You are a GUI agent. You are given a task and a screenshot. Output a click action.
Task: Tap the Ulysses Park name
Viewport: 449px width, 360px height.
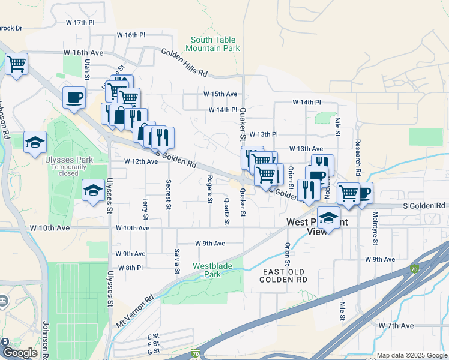68,160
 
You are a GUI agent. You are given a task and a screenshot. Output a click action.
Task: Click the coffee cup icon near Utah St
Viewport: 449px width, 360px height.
74,97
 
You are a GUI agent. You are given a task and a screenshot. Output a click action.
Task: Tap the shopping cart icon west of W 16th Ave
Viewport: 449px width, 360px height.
17,63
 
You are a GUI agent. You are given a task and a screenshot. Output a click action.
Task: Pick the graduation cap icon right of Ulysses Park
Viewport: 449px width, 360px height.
93,190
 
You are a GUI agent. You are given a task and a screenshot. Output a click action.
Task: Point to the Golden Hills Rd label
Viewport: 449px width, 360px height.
184,62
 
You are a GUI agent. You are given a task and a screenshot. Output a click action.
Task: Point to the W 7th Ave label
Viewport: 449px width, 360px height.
396,325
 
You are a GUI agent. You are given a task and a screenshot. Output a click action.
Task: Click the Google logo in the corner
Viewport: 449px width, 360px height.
20,353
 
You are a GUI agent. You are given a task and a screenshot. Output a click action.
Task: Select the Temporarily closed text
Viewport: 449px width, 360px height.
68,169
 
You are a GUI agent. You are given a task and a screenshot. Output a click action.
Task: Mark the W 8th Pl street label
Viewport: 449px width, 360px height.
130,268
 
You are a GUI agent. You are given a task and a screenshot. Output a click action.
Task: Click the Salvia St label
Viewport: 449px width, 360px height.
177,261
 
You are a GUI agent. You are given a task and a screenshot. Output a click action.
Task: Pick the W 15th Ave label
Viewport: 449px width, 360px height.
220,94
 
